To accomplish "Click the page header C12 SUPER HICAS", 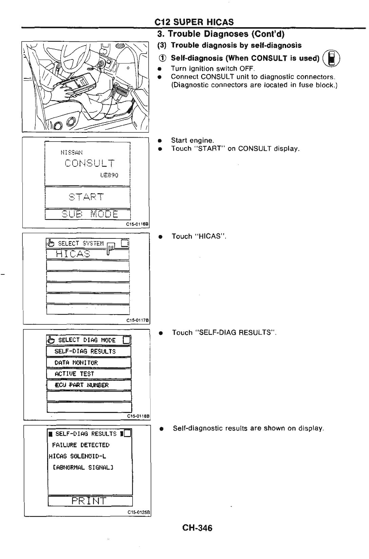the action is point(194,22).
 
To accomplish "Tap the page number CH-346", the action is point(197,528).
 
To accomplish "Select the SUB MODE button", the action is point(88,215).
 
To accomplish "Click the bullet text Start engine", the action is point(192,140).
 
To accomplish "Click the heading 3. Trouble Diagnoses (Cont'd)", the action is point(220,34).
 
